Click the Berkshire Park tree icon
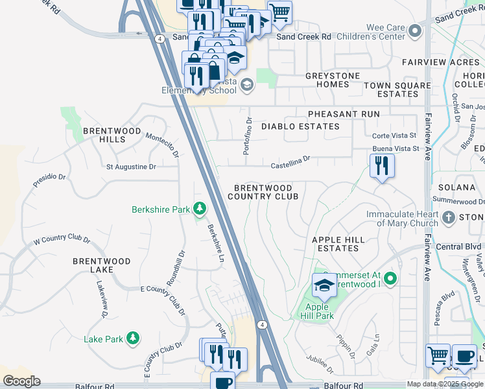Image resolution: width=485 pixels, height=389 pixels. pyautogui.click(x=201, y=209)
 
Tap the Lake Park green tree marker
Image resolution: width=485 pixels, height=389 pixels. pyautogui.click(x=133, y=338)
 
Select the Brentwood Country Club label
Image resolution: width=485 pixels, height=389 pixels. pyautogui.click(x=263, y=191)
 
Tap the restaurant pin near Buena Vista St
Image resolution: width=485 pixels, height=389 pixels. pyautogui.click(x=382, y=166)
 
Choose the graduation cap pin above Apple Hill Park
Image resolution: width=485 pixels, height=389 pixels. pyautogui.click(x=324, y=285)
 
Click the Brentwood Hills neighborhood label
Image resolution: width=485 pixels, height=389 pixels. pyautogui.click(x=112, y=135)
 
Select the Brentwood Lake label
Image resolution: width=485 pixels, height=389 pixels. pyautogui.click(x=101, y=266)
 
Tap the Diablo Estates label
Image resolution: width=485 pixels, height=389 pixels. pyautogui.click(x=300, y=126)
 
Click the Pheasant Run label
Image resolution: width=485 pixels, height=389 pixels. pyautogui.click(x=344, y=114)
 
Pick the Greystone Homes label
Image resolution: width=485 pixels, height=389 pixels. pyautogui.click(x=333, y=80)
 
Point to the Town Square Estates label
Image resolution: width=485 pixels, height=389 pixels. pyautogui.click(x=397, y=89)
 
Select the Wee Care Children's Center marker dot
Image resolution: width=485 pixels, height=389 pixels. pyautogui.click(x=420, y=30)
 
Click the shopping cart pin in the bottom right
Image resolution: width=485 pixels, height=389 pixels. pyautogui.click(x=438, y=356)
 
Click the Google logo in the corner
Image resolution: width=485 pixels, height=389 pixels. pyautogui.click(x=21, y=381)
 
